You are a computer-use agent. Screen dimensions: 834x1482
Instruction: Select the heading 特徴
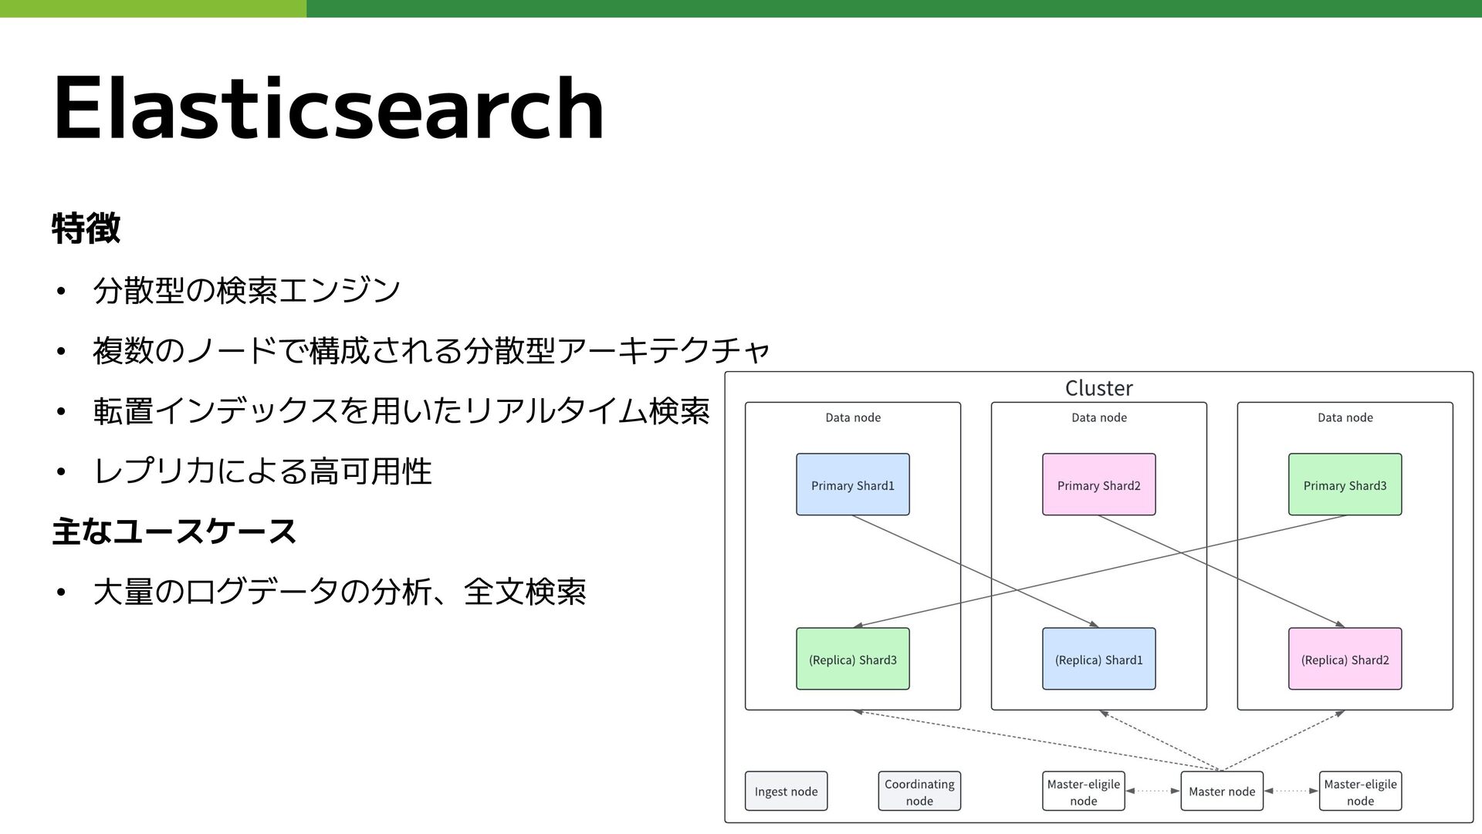coord(86,228)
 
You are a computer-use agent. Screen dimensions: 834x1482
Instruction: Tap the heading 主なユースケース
coord(174,532)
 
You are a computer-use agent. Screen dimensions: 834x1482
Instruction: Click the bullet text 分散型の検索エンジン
coord(246,290)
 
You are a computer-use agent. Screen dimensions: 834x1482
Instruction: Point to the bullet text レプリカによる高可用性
coord(262,471)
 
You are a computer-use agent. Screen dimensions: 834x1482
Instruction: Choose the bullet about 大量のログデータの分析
coord(339,593)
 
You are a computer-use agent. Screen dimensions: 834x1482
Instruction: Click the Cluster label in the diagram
coord(1098,388)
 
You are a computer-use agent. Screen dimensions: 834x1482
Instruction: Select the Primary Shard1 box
coord(852,485)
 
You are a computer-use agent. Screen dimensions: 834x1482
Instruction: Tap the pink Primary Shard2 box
coord(1098,485)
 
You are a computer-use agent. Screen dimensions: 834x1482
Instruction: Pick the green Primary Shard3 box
coord(1345,485)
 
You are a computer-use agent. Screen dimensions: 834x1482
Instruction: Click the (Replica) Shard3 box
coord(852,659)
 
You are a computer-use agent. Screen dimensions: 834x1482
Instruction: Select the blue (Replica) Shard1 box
coord(1098,659)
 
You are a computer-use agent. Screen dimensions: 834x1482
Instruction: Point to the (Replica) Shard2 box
coord(1345,659)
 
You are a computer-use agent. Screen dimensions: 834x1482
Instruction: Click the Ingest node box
coord(786,791)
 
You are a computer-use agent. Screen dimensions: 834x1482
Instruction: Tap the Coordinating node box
coord(919,791)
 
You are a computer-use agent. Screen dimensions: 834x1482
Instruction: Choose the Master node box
coord(1222,791)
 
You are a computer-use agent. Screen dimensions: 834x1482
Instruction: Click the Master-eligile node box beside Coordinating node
coord(1083,791)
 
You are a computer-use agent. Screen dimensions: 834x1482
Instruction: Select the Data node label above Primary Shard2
coord(1098,417)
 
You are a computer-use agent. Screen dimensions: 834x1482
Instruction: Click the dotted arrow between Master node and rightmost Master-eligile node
coord(1291,791)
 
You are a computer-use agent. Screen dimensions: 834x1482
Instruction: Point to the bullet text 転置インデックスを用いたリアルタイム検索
coord(401,411)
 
